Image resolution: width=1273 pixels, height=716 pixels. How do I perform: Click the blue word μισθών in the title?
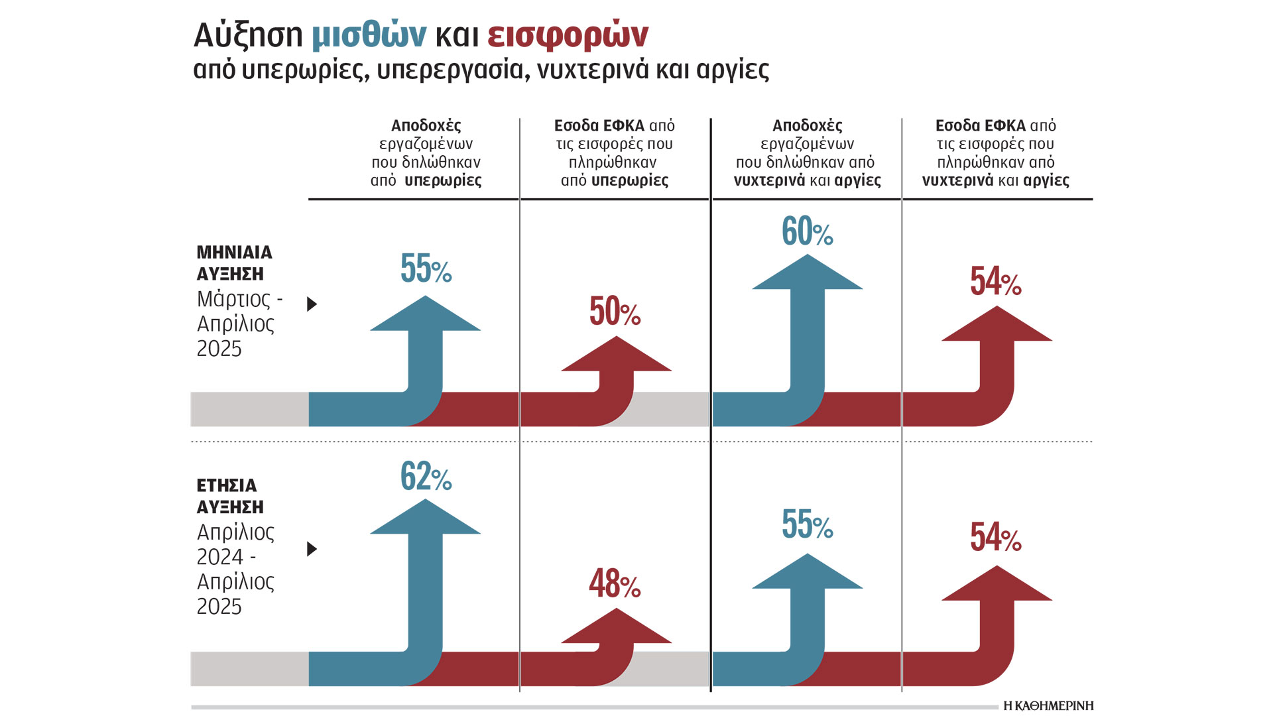tap(369, 36)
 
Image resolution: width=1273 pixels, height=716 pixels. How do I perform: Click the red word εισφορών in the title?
tap(568, 36)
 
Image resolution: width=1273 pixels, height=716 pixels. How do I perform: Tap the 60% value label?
tap(807, 231)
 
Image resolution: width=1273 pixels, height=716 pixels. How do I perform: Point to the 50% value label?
tap(615, 311)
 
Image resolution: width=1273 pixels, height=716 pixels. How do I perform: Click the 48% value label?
tap(615, 584)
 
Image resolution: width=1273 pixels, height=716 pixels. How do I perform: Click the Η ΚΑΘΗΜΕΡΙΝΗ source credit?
tap(1048, 705)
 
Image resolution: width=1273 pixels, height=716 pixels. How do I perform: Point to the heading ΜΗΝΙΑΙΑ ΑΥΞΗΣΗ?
tap(234, 263)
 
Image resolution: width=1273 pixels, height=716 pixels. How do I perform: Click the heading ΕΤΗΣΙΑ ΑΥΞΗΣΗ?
tap(229, 496)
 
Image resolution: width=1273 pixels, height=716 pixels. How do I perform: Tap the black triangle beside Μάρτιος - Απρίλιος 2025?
tap(312, 304)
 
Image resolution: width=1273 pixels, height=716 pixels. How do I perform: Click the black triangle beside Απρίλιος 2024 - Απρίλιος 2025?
tap(312, 549)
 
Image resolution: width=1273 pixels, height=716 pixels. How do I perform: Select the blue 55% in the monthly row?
tap(426, 268)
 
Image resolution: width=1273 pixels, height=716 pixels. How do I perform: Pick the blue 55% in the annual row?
tap(807, 524)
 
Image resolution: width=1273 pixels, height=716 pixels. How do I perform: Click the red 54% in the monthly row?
tap(995, 281)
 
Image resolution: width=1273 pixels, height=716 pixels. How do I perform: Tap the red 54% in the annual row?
tap(995, 537)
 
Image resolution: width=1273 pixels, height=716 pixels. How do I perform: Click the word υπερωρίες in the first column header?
tap(443, 180)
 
